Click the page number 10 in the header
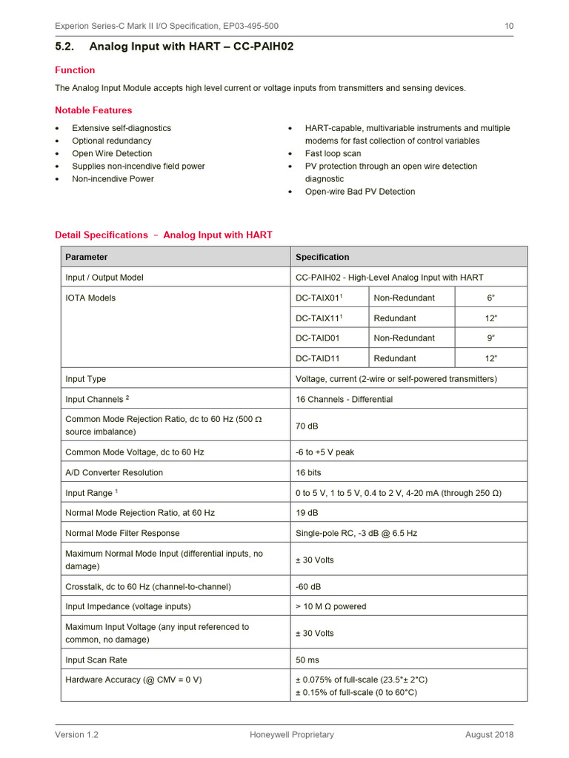click(x=509, y=26)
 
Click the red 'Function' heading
click(x=75, y=70)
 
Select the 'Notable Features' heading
click(x=93, y=110)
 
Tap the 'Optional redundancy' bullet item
click(x=111, y=141)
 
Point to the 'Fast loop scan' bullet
click(x=333, y=153)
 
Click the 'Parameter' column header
click(x=86, y=257)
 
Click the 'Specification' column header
click(x=322, y=257)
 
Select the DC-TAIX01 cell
click(x=319, y=298)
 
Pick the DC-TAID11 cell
click(x=319, y=358)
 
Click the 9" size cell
click(x=490, y=338)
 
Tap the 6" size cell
click(x=490, y=298)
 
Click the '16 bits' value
click(x=308, y=472)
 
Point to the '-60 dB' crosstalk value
click(x=308, y=586)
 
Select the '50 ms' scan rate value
click(x=307, y=660)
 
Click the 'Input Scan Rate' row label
click(x=96, y=660)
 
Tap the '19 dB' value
click(x=307, y=512)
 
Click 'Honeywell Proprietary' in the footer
click(x=292, y=734)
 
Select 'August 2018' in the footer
click(x=489, y=734)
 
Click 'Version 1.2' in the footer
click(x=76, y=734)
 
